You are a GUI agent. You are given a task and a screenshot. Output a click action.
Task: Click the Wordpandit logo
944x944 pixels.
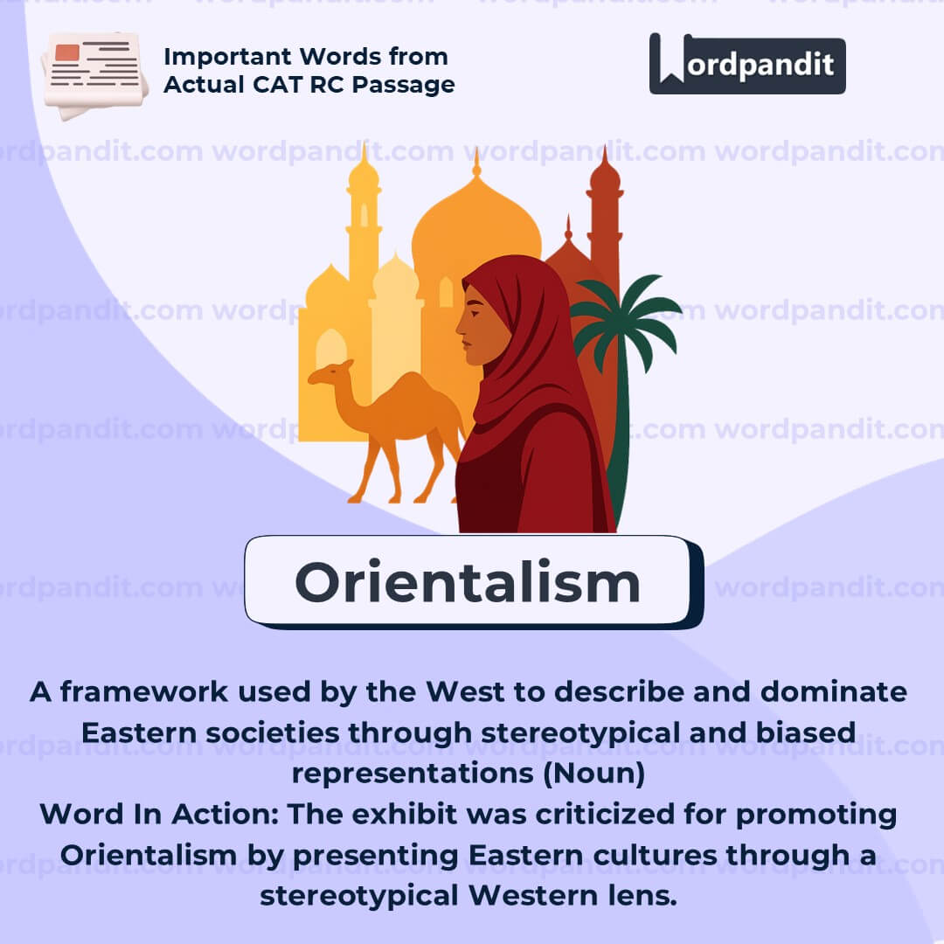point(747,64)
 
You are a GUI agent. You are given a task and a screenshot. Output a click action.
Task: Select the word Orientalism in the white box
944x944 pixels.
point(468,582)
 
